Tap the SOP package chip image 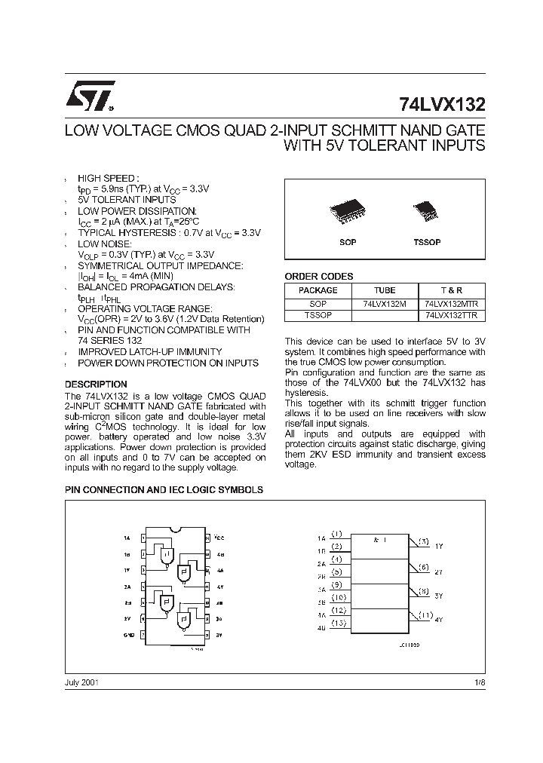pos(348,212)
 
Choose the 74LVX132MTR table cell pos(452,303)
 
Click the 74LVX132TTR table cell pos(452,316)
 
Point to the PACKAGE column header pos(318,290)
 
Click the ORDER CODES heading pos(318,277)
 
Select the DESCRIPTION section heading pos(96,384)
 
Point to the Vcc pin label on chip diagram pos(219,538)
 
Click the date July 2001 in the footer pos(81,682)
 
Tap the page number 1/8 pos(480,682)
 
